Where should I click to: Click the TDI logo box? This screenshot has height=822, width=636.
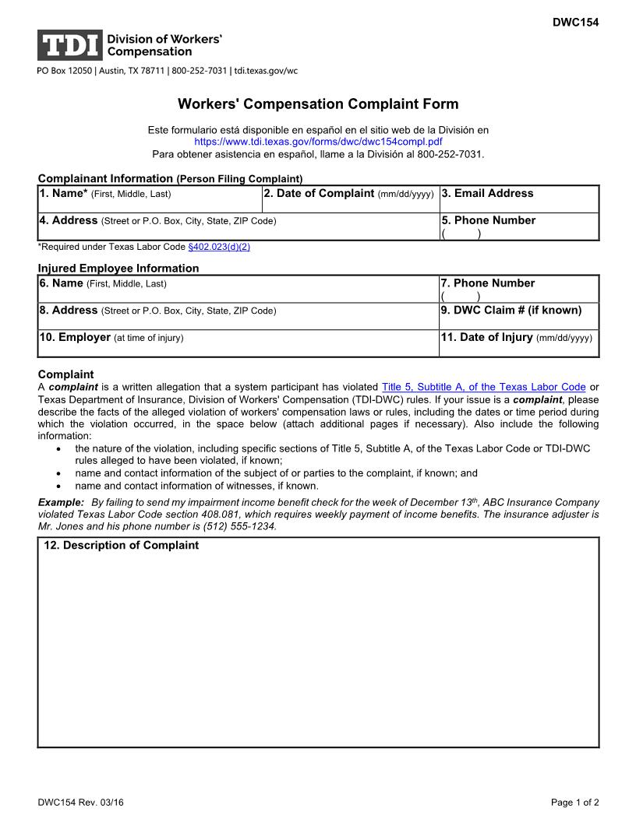70,45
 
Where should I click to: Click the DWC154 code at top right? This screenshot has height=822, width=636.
575,23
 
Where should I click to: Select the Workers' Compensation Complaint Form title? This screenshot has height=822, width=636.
318,104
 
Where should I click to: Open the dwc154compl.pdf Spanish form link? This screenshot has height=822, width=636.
318,142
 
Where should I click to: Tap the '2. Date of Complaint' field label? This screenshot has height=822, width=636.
320,194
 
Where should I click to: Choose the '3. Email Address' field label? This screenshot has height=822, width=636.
488,194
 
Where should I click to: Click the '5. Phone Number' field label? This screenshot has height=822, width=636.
489,220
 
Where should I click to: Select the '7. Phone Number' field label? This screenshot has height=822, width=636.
488,283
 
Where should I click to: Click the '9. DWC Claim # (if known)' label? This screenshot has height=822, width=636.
511,310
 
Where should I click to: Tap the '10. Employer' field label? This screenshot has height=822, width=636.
75,337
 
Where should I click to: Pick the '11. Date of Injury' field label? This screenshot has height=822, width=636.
487,337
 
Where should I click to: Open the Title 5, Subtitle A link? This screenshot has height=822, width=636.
483,387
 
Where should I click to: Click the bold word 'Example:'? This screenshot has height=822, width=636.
61,504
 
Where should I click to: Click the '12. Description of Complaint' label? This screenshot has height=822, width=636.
121,546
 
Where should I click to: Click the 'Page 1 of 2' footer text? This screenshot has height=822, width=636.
575,803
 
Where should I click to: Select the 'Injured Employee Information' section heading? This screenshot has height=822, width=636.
118,268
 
